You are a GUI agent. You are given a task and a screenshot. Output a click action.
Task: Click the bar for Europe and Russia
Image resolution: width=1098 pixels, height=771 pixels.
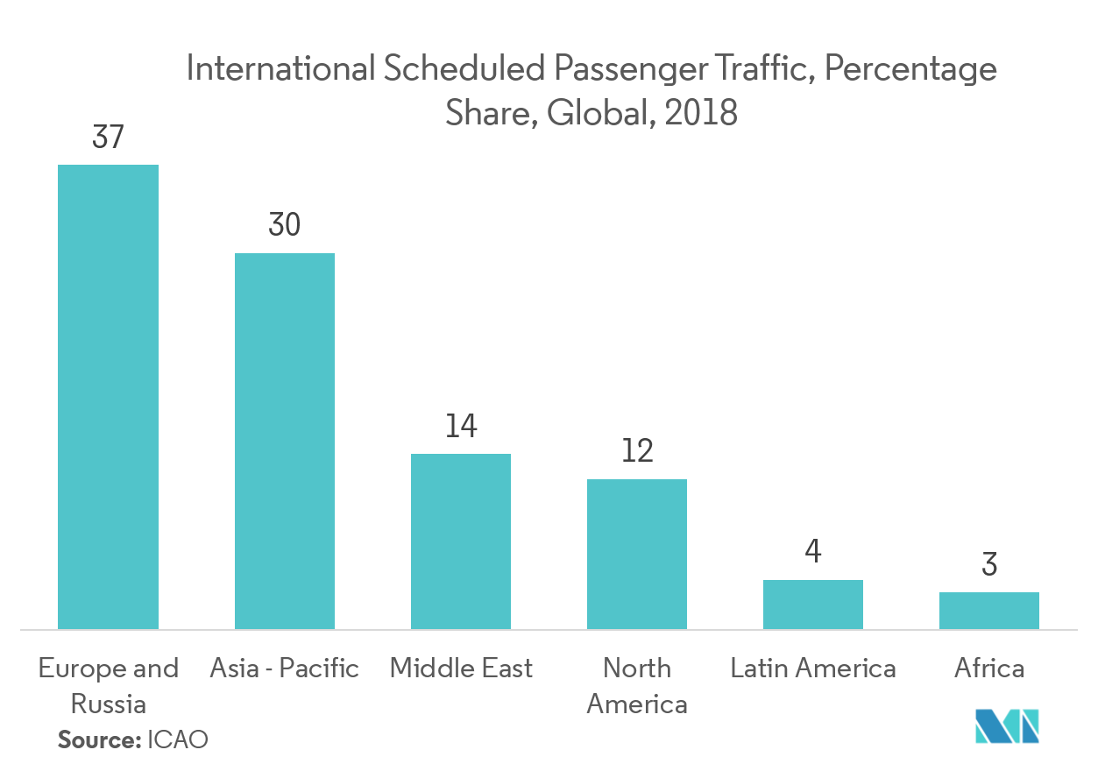(x=108, y=396)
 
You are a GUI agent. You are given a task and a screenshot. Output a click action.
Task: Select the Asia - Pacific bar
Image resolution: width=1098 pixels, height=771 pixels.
(x=284, y=441)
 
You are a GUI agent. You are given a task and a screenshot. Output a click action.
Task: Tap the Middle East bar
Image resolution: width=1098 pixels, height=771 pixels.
(x=461, y=541)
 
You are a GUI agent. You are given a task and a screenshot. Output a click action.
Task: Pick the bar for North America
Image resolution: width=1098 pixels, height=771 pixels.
(x=637, y=554)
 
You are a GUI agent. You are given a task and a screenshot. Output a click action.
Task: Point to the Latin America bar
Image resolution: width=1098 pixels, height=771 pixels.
(x=813, y=604)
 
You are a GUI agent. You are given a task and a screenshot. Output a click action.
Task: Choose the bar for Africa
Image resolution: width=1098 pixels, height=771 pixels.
(x=989, y=610)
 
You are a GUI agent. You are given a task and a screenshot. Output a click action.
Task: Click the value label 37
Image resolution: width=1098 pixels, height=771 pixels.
(x=108, y=138)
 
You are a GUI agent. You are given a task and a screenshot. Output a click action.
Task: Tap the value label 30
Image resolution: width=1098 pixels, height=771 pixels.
(x=285, y=226)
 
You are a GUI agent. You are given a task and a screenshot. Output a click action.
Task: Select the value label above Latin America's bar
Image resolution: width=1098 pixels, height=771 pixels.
(x=813, y=552)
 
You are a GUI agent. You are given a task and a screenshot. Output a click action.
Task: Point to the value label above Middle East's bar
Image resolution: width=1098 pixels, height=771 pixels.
(x=461, y=427)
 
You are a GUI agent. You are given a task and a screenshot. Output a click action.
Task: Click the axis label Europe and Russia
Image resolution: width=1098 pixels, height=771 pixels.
(x=108, y=685)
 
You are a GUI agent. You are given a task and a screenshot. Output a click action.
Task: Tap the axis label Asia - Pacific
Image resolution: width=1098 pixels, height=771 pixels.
(x=285, y=668)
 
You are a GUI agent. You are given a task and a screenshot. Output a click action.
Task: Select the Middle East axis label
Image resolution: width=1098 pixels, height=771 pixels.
(x=461, y=668)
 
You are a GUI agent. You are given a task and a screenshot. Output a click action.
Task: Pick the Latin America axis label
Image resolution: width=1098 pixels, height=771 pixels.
(x=813, y=668)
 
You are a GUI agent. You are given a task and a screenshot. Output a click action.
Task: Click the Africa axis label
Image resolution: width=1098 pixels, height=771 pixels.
(x=989, y=668)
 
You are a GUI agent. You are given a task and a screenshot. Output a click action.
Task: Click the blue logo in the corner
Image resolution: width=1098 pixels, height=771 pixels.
(x=1008, y=725)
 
